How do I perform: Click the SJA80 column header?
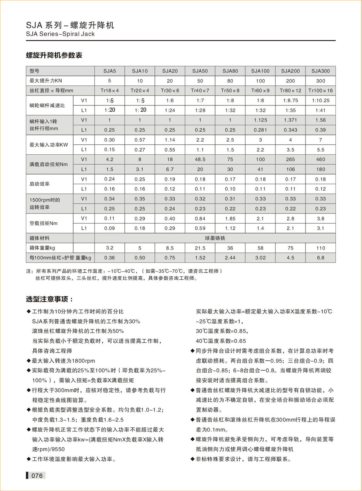pyautogui.click(x=230, y=71)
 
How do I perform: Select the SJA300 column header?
pyautogui.click(x=321, y=71)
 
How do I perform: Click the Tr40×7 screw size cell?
pyautogui.click(x=200, y=91)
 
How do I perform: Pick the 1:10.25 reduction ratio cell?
pyautogui.click(x=321, y=101)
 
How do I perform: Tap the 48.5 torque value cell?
pyautogui.click(x=200, y=159)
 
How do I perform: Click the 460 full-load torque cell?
pyautogui.click(x=321, y=159)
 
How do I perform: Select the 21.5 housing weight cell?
pyautogui.click(x=200, y=248)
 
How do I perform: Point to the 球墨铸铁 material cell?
pyautogui.click(x=215, y=238)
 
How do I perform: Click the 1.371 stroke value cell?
pyautogui.click(x=290, y=120)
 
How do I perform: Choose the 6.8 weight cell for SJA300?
pyautogui.click(x=321, y=258)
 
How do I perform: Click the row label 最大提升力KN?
pyautogui.click(x=46, y=81)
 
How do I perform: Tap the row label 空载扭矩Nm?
pyautogui.click(x=44, y=223)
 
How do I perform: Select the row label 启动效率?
pyautogui.click(x=40, y=184)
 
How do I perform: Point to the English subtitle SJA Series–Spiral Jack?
pyautogui.click(x=60, y=34)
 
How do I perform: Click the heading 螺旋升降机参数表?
pyautogui.click(x=54, y=56)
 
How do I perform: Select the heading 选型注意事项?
pyautogui.click(x=49, y=299)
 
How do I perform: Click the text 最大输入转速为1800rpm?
pyautogui.click(x=64, y=361)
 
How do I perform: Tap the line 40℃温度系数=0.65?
pyautogui.click(x=221, y=341)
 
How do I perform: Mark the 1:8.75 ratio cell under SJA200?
pyautogui.click(x=290, y=101)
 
